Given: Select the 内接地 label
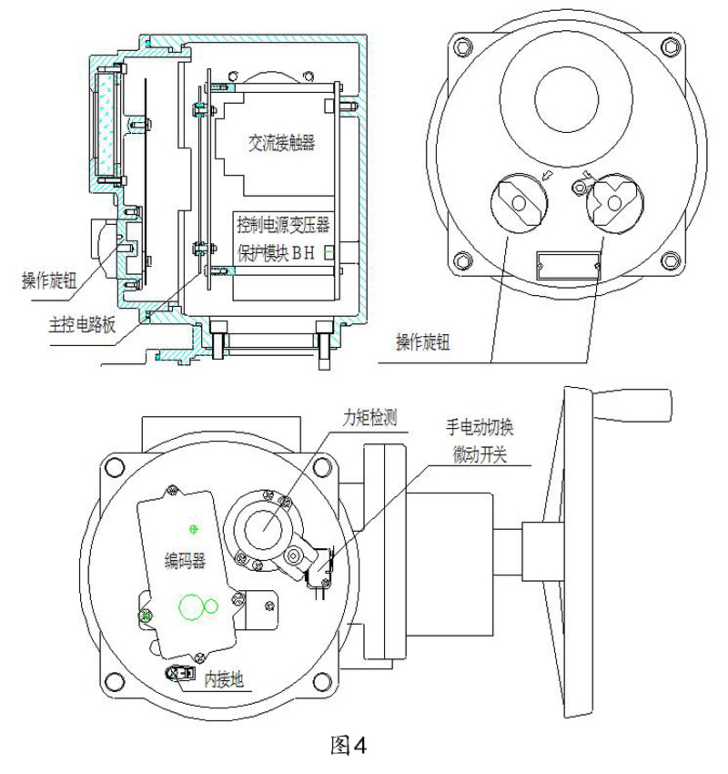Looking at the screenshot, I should [222, 677].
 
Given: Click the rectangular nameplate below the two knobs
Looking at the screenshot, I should [568, 265].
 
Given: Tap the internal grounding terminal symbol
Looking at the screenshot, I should [179, 672].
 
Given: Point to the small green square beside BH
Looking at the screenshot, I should [329, 255].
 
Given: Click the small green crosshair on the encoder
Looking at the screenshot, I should [191, 529].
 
